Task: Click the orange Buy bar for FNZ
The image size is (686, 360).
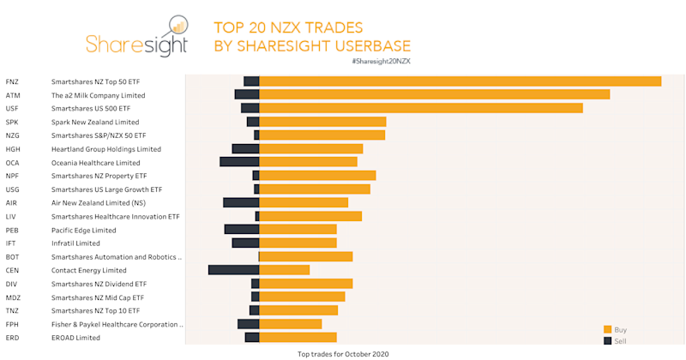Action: (460, 81)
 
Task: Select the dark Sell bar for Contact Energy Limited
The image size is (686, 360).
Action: (233, 270)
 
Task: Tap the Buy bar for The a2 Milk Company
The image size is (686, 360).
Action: (434, 94)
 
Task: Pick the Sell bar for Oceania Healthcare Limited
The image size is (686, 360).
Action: (239, 162)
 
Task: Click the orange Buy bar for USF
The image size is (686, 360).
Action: (420, 108)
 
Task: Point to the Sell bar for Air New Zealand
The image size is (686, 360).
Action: (241, 202)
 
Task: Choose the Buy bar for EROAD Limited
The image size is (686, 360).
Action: (298, 337)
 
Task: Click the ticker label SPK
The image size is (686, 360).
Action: (12, 122)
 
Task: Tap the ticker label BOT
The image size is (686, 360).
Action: (13, 256)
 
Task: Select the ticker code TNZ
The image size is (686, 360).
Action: (13, 310)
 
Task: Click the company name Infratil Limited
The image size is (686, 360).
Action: (75, 243)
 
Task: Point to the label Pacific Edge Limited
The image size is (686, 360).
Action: (83, 230)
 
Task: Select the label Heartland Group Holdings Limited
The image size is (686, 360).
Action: (105, 149)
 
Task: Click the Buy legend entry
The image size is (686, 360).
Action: (615, 329)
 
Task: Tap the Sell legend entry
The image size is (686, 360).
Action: (615, 340)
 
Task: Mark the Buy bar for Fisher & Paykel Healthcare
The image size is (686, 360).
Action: (290, 324)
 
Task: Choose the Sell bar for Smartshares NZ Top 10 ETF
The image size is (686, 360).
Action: (254, 310)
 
